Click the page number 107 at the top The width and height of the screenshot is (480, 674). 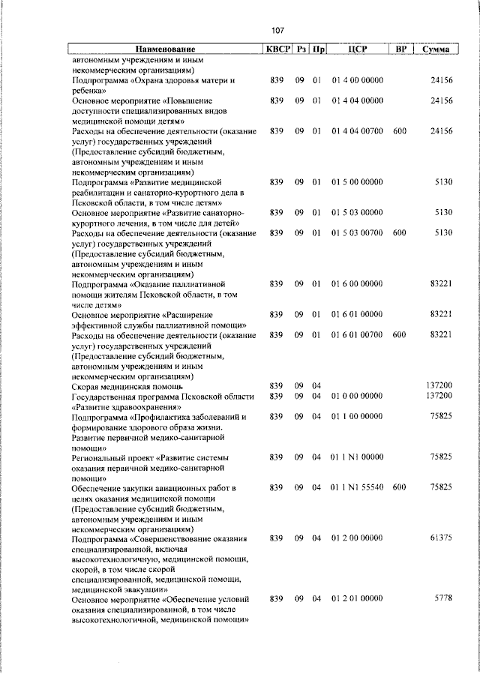[277, 31]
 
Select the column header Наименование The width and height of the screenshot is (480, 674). [166, 49]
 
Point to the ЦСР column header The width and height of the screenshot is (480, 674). [357, 49]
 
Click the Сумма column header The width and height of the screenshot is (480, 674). [436, 49]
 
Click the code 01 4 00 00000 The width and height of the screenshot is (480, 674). [357, 79]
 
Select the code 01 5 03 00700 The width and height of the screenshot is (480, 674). [357, 233]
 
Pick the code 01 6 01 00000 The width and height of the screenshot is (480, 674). [357, 314]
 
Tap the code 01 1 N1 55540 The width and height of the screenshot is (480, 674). [357, 487]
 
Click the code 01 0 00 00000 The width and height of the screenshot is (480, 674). [357, 395]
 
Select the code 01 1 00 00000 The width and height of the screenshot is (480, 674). [357, 415]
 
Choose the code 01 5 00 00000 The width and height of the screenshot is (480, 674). [357, 181]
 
